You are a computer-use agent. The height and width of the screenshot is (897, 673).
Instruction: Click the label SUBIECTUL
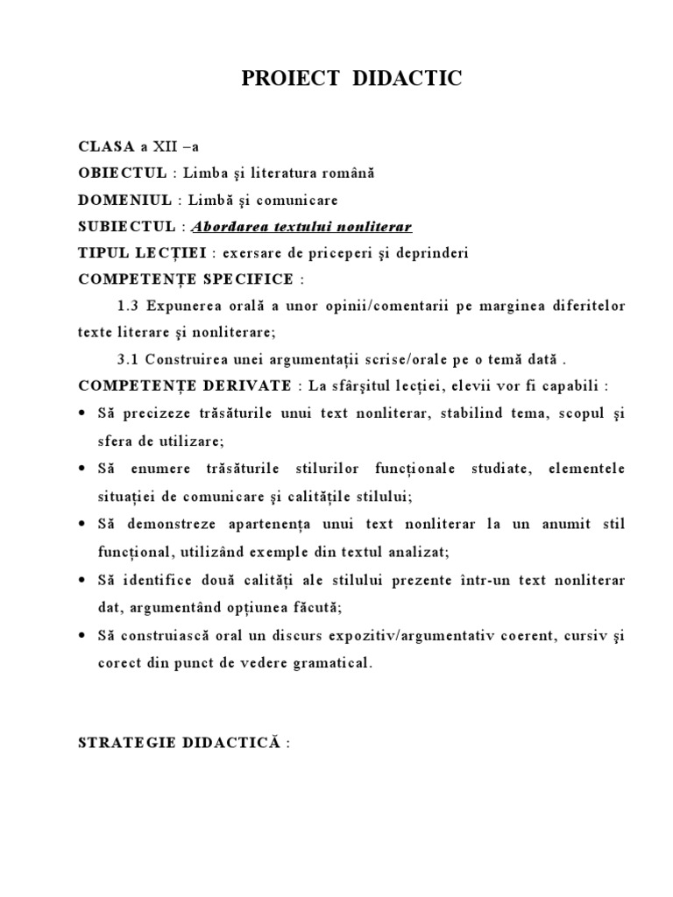(127, 227)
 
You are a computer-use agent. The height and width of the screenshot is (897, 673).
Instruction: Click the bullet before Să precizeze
(82, 413)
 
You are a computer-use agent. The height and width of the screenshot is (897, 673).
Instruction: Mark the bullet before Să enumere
(82, 469)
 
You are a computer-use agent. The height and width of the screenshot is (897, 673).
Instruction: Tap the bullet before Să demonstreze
(82, 524)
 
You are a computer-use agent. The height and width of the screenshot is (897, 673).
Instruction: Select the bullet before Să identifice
(82, 580)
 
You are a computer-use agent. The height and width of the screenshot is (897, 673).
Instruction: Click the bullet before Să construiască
(82, 635)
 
